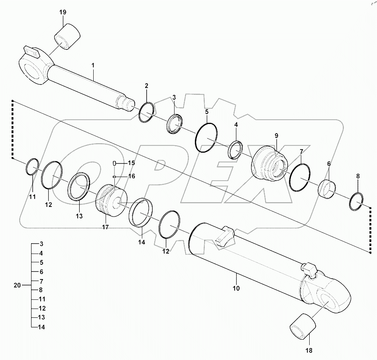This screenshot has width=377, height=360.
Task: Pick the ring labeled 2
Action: tap(146, 113)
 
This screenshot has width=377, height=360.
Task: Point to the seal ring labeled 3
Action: tap(174, 124)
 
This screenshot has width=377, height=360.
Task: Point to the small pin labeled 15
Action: tap(114, 163)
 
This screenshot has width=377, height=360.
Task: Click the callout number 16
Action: tap(131, 176)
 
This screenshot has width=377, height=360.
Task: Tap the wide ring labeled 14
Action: tap(141, 212)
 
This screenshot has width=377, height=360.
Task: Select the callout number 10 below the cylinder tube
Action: tap(236, 288)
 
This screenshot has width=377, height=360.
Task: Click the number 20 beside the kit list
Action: tap(17, 285)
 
